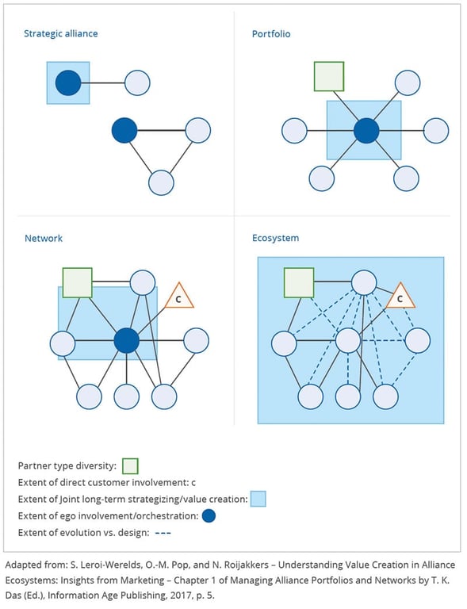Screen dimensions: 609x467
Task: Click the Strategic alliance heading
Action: click(61, 34)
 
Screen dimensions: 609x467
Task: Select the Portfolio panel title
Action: click(272, 34)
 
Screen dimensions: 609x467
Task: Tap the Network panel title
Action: click(44, 238)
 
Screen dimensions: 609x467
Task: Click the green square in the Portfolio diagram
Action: click(329, 76)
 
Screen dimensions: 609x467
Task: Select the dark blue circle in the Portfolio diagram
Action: click(366, 130)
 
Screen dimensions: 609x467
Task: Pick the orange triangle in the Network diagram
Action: click(178, 297)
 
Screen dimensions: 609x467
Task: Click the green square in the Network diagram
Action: click(78, 282)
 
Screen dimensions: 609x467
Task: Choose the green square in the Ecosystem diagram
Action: click(299, 282)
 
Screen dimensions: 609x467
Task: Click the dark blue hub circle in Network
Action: click(127, 341)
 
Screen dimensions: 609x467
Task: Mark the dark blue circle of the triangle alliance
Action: click(124, 130)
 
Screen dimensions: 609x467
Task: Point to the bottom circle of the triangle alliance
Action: click(162, 182)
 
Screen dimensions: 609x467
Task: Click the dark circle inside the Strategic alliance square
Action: click(68, 82)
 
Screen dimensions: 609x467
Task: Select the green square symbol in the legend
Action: click(131, 465)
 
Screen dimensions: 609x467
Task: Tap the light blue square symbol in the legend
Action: click(258, 499)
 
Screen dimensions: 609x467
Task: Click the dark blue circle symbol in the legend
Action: click(209, 515)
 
